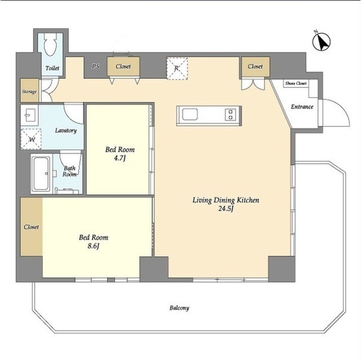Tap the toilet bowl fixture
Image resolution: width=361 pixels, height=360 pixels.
(50, 45)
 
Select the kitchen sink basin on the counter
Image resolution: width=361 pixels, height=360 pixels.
(190, 114)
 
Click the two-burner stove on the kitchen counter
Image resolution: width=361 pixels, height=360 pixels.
(231, 115)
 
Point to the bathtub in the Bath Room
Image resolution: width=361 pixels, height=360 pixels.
(41, 174)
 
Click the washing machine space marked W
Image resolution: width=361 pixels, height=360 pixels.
(31, 139)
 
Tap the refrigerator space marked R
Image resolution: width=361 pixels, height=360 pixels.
(177, 69)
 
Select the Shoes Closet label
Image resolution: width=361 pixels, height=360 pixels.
(296, 83)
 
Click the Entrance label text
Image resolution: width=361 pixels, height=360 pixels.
(302, 106)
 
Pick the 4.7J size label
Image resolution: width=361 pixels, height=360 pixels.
(120, 158)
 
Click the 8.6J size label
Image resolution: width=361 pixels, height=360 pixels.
(93, 246)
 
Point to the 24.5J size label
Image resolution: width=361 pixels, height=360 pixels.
(226, 209)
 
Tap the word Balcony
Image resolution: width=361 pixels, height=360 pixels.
(179, 308)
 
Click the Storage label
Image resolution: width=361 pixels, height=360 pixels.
(29, 92)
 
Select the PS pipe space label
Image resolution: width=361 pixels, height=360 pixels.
(96, 66)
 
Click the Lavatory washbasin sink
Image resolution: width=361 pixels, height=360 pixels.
(29, 114)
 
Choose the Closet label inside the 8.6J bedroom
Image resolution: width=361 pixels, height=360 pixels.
(32, 227)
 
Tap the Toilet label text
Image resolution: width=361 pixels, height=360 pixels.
(52, 68)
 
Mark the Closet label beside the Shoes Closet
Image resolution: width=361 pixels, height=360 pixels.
(256, 66)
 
